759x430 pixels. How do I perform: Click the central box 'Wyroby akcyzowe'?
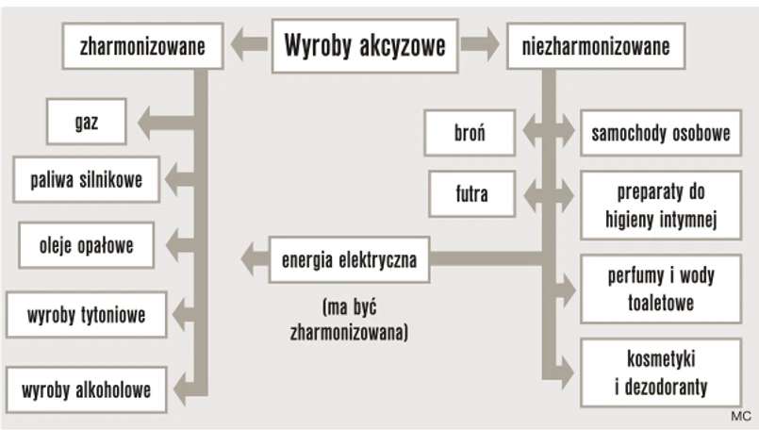pos(365,45)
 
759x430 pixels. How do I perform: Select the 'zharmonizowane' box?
pos(142,45)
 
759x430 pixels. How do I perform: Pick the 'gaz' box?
pos(86,123)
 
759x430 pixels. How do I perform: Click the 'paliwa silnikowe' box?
pos(86,177)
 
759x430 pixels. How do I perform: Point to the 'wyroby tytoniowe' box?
pos(86,315)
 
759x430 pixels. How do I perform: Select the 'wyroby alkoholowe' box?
pos(86,389)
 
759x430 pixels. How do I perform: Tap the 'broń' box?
pos(470,132)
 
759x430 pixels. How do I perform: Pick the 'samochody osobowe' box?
pos(660,133)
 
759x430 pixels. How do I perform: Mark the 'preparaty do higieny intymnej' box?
pos(660,207)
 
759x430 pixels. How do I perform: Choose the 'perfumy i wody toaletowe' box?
pos(660,289)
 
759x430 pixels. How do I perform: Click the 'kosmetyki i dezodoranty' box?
pos(660,372)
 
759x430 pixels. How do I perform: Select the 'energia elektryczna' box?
pos(349,257)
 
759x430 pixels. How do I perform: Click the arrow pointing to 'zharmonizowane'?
pos(250,43)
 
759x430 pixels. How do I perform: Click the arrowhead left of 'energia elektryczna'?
pos(251,257)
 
